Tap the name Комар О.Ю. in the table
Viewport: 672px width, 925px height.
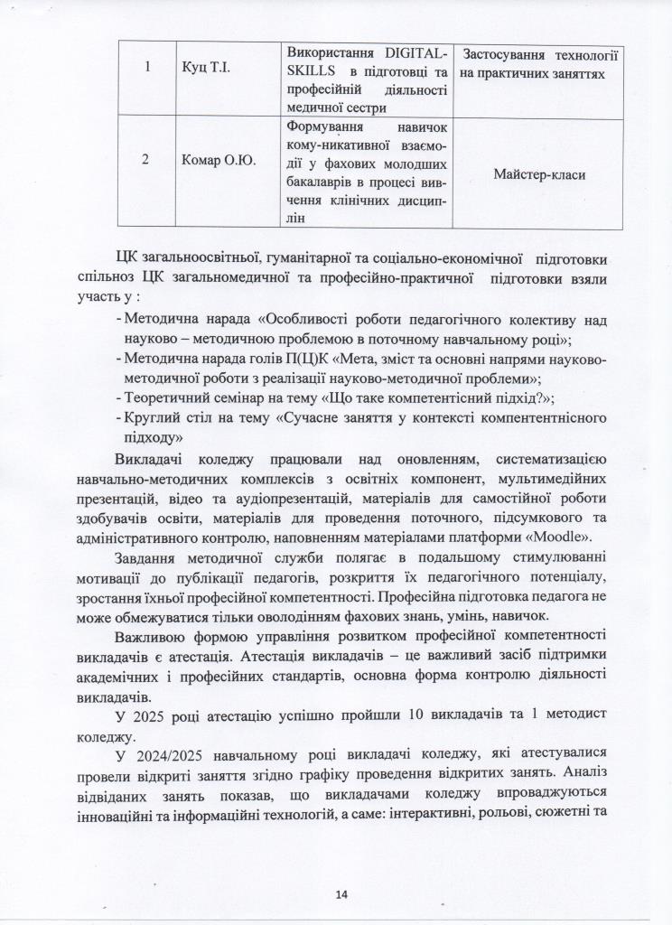coord(217,161)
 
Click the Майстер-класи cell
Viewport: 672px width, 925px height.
coord(540,173)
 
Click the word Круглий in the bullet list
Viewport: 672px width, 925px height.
coord(154,417)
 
